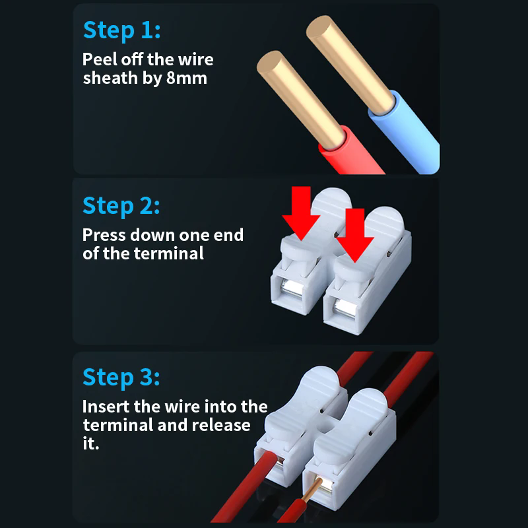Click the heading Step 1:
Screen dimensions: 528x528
[121, 30]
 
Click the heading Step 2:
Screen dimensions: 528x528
[121, 205]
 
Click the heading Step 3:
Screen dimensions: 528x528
[121, 378]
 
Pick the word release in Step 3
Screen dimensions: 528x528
[222, 424]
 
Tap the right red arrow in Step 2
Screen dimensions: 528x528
[356, 234]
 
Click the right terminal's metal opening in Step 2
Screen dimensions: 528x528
[344, 309]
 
